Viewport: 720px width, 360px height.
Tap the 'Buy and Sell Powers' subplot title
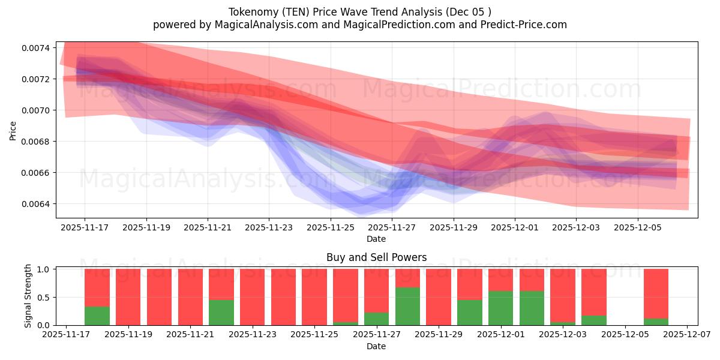pos(376,257)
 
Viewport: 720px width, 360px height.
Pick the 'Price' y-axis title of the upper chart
pos(13,130)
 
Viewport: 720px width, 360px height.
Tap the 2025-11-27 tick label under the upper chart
pos(392,228)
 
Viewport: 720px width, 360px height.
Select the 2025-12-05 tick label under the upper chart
pos(637,228)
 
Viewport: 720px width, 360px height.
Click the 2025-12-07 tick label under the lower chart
pos(687,335)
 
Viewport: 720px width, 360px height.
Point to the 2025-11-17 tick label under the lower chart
pos(66,335)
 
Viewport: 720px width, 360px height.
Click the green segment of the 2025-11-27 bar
pos(376,319)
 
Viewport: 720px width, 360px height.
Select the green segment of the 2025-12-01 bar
pos(500,308)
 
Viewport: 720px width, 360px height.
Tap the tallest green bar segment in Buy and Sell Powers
pos(407,306)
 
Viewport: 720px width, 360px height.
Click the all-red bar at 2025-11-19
pos(128,297)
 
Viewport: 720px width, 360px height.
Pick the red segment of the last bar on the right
pos(656,293)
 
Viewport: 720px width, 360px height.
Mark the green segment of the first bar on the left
pos(97,316)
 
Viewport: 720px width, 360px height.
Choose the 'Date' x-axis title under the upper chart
pos(376,239)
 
